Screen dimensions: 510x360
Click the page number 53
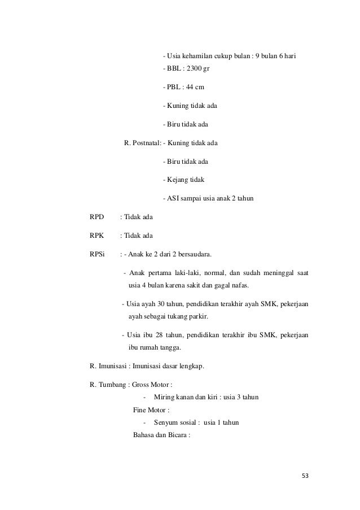point(305,476)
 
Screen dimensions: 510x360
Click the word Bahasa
point(143,435)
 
